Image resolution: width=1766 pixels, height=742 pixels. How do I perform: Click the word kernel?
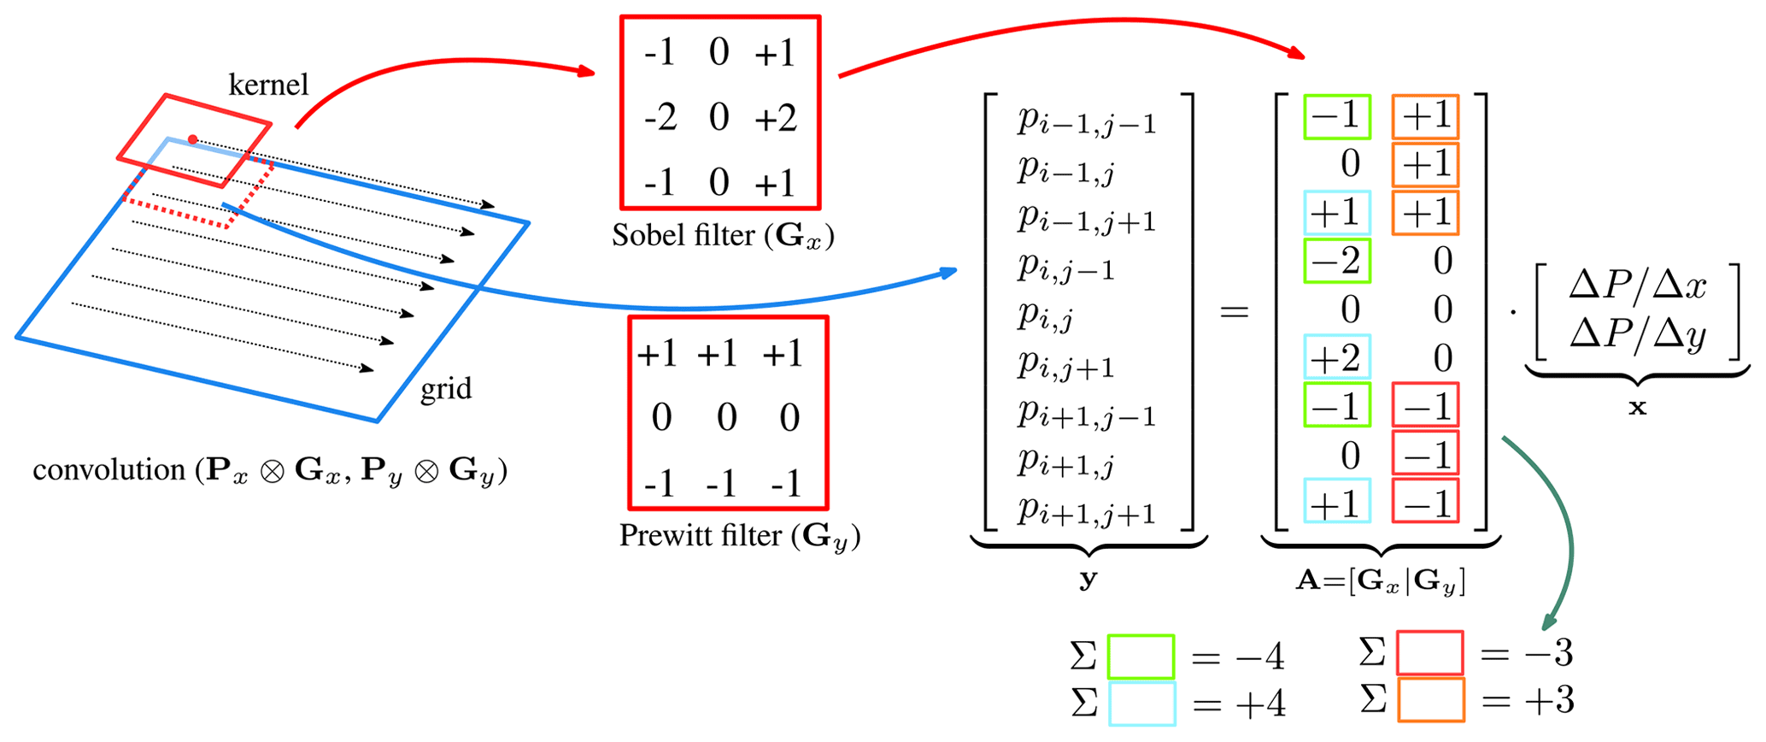click(268, 85)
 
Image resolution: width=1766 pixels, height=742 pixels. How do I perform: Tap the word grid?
click(445, 390)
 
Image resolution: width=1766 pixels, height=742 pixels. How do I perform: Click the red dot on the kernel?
click(193, 139)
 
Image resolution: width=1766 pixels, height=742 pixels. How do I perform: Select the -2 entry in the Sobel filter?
click(660, 118)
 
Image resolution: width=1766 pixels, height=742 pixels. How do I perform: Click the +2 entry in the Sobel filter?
click(775, 118)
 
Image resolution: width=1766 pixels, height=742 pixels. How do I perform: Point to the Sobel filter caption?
click(722, 236)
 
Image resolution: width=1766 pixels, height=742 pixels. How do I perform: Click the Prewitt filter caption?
click(739, 536)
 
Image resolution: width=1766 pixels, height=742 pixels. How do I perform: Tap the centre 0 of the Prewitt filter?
click(726, 418)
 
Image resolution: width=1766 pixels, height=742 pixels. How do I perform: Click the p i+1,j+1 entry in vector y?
click(1086, 511)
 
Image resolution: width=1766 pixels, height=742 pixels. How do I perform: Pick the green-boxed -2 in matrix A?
click(1337, 261)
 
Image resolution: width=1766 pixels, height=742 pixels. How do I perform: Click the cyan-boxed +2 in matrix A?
click(1337, 357)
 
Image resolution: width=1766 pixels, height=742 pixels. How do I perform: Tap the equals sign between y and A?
click(1234, 311)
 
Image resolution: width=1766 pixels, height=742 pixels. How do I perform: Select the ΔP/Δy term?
click(1637, 334)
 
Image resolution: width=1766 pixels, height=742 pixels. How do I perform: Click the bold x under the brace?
click(1637, 408)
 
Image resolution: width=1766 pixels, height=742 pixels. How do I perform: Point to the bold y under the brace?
click(1088, 580)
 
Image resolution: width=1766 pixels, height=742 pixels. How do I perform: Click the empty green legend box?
click(1141, 657)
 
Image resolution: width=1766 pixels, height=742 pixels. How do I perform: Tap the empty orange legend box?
click(1431, 700)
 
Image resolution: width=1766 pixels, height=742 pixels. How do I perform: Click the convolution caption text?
click(270, 471)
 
